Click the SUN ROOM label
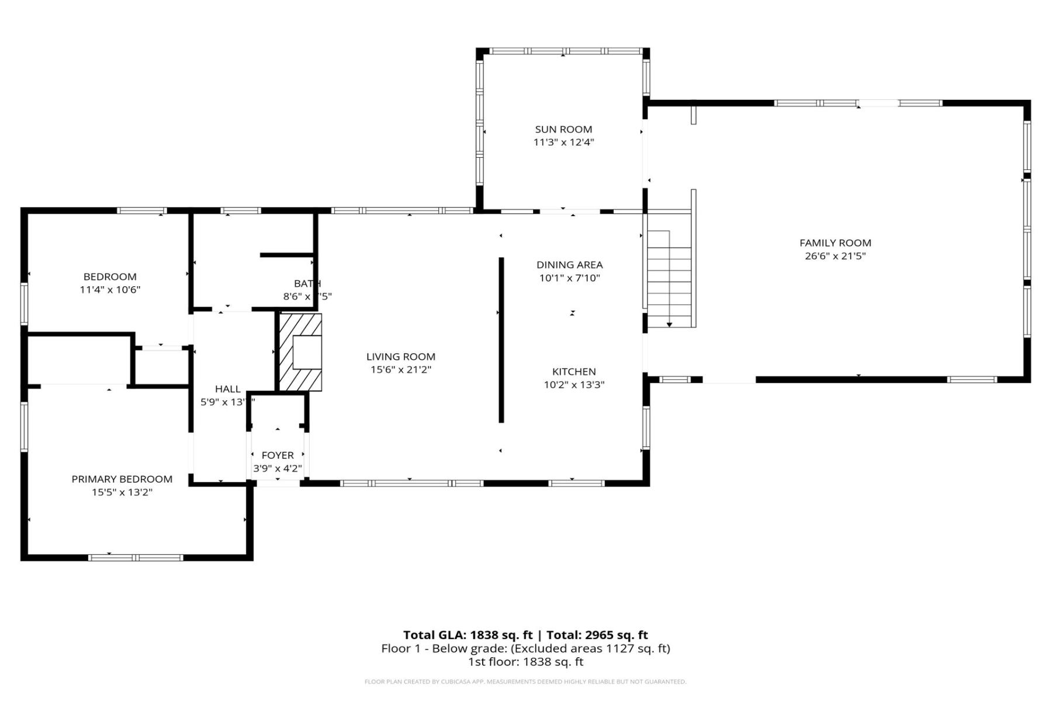point(563,129)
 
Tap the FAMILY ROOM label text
point(835,242)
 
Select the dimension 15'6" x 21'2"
point(401,369)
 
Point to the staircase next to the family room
point(670,277)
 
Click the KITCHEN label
point(574,372)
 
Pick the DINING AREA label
point(569,265)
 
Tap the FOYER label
point(278,455)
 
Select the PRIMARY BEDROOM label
point(122,479)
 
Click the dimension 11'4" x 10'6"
point(110,290)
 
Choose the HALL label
point(227,389)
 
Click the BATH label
point(307,284)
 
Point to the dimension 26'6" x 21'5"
point(835,256)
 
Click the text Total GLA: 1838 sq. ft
point(468,635)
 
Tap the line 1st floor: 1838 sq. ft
point(525,662)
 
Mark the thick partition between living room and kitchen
point(501,339)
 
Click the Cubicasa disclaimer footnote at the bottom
point(525,682)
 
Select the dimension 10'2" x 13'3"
point(574,385)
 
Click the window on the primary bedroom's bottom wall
point(136,557)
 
